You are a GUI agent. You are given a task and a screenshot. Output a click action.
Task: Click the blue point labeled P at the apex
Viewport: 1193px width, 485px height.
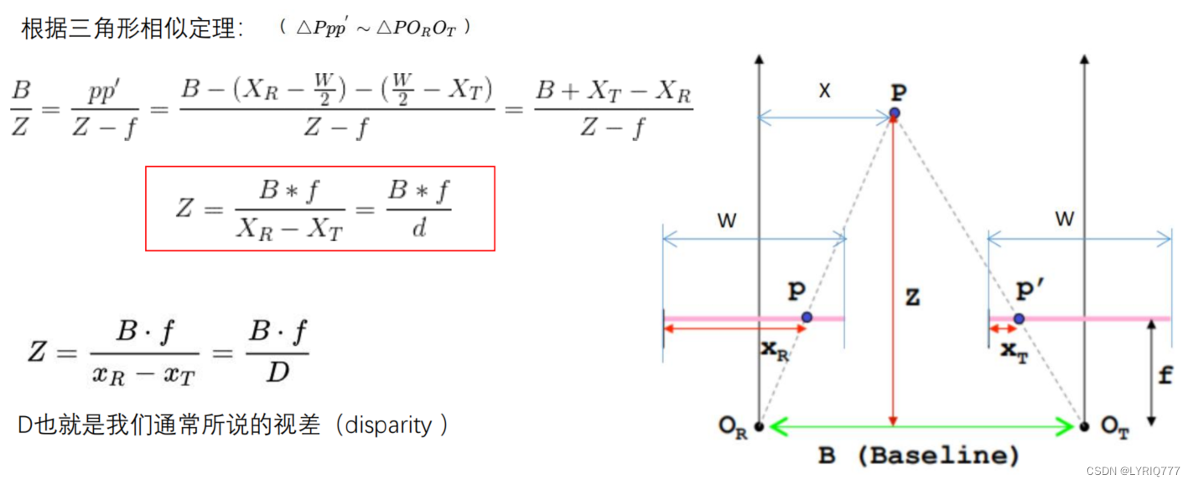(x=895, y=112)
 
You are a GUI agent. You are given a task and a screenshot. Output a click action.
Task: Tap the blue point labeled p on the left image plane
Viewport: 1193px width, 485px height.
(x=807, y=317)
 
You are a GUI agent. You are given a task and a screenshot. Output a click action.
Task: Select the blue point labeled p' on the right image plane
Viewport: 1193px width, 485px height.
(x=1019, y=319)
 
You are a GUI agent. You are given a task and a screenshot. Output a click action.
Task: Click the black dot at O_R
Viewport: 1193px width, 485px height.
(x=759, y=427)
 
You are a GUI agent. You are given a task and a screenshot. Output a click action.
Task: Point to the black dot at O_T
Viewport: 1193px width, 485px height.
(x=1084, y=427)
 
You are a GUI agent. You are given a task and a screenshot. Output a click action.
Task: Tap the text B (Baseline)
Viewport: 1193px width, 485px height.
(x=919, y=456)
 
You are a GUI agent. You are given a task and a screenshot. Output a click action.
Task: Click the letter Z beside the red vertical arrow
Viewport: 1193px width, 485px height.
(x=913, y=297)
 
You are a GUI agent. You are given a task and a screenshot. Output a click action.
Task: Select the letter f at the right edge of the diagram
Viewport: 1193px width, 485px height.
(x=1164, y=375)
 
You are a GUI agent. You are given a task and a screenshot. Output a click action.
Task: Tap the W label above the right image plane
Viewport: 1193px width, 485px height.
(x=1064, y=220)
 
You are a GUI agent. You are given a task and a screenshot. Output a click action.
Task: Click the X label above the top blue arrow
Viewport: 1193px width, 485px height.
(x=825, y=91)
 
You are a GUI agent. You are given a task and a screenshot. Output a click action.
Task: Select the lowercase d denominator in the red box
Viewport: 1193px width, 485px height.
(x=419, y=227)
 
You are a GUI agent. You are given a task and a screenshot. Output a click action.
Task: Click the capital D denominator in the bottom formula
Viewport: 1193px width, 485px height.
(x=278, y=370)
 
